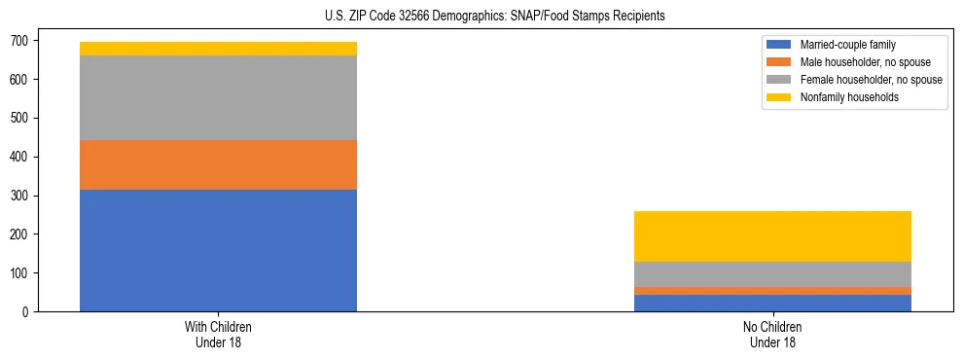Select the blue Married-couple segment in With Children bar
[x=218, y=250]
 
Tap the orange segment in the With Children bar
[x=218, y=164]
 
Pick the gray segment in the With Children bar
[x=218, y=97]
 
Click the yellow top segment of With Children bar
[x=218, y=49]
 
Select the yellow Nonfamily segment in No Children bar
[x=772, y=236]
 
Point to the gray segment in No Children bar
[x=772, y=274]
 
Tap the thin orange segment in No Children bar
[x=772, y=291]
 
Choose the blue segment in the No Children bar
[x=772, y=303]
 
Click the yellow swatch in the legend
[x=778, y=97]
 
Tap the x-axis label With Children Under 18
[x=218, y=335]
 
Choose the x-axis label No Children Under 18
[x=772, y=335]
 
